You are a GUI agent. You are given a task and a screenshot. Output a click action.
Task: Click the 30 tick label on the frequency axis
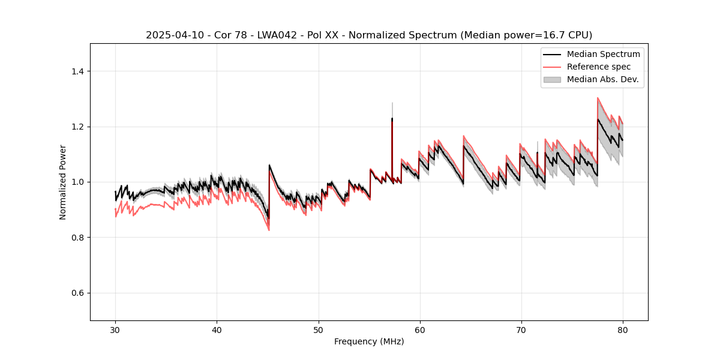[115, 329]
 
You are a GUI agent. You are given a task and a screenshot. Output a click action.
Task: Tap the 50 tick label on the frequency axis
[318, 329]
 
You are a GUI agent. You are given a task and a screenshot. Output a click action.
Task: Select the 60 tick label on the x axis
[419, 329]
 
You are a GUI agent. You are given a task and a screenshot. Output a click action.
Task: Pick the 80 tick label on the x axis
[622, 329]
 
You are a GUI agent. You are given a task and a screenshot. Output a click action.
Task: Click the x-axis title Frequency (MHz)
[369, 341]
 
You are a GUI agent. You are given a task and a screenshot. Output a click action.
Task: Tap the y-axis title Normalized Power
[63, 182]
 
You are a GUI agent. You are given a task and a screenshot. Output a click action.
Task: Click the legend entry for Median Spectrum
[603, 54]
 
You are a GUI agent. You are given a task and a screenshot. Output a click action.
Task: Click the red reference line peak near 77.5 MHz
[598, 98]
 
